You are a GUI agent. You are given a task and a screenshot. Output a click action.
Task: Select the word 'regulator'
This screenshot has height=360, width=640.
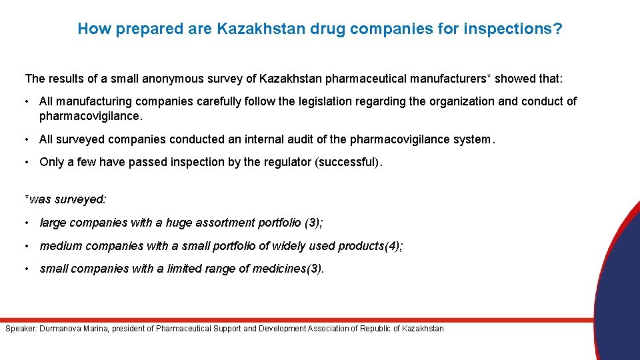(x=287, y=162)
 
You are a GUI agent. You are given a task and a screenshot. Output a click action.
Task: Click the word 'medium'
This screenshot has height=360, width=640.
(x=57, y=246)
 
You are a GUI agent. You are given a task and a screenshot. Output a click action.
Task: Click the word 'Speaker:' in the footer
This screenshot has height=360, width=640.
(x=21, y=329)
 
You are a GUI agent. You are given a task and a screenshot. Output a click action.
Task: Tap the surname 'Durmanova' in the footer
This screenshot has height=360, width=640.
(x=59, y=329)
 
